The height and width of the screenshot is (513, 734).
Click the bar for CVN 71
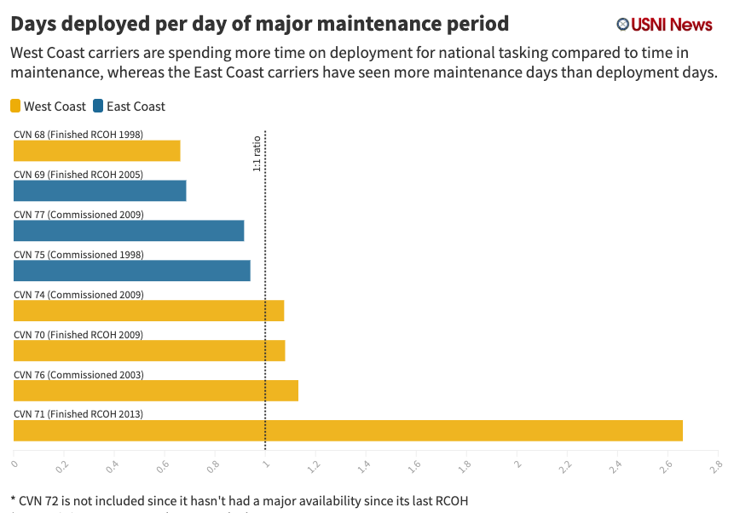pyautogui.click(x=348, y=430)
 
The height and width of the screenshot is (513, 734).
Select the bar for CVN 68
pyautogui.click(x=97, y=151)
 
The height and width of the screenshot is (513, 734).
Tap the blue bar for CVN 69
pyautogui.click(x=100, y=191)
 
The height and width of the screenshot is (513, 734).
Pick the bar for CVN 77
pyautogui.click(x=129, y=231)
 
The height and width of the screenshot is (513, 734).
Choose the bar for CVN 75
pyautogui.click(x=132, y=271)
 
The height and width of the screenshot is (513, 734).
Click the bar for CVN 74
pyautogui.click(x=148, y=311)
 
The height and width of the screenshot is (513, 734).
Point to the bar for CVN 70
pyautogui.click(x=149, y=351)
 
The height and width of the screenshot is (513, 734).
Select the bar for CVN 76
pyautogui.click(x=156, y=391)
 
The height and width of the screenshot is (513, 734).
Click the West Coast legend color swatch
pyautogui.click(x=15, y=107)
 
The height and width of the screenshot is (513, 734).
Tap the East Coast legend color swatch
pyautogui.click(x=98, y=107)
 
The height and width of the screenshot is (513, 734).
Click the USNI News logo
pyautogui.click(x=664, y=25)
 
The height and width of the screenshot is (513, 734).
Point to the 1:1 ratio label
pyautogui.click(x=257, y=154)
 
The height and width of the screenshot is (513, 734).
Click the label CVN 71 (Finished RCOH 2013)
pyautogui.click(x=78, y=414)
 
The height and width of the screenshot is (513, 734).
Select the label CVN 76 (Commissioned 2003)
pyautogui.click(x=78, y=374)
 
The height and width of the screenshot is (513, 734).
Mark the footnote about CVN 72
pyautogui.click(x=240, y=500)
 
